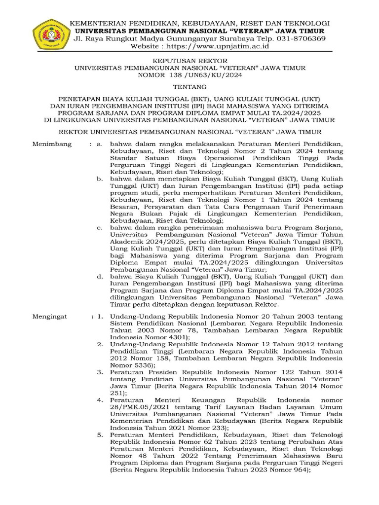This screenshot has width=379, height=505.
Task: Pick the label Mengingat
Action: (50, 316)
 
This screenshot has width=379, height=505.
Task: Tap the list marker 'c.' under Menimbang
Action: (99, 227)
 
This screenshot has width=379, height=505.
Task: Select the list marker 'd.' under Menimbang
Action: (99, 276)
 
